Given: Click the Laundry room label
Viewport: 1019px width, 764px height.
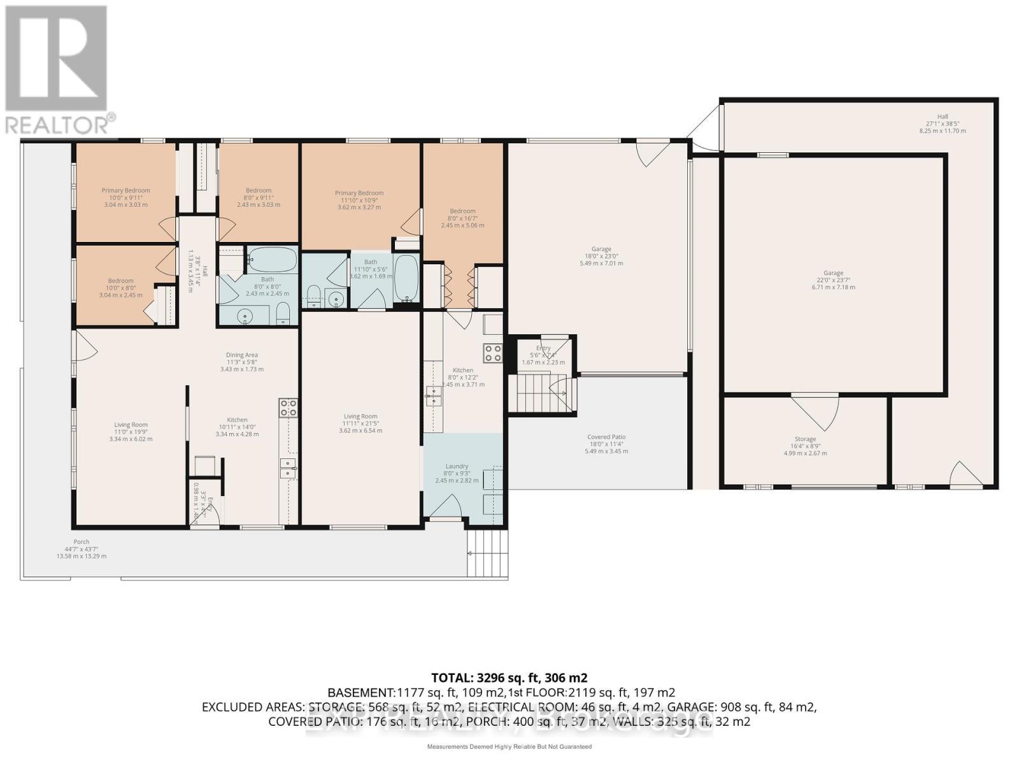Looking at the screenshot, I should [457, 473].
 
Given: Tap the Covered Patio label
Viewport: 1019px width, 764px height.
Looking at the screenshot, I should [606, 444].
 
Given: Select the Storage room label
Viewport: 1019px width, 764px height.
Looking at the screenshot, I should [805, 446].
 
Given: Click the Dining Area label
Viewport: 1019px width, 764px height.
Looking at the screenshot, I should [241, 362].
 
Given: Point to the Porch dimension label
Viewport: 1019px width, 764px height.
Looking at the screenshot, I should [81, 549].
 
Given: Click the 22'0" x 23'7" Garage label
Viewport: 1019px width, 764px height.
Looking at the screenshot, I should [833, 279].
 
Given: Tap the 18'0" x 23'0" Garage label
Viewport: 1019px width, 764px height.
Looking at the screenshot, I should [601, 256].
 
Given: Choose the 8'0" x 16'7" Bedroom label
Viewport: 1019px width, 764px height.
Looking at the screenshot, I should [462, 218].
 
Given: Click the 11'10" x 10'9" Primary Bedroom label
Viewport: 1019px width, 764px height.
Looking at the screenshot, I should [359, 200].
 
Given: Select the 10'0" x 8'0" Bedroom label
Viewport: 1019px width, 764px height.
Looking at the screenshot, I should [120, 288].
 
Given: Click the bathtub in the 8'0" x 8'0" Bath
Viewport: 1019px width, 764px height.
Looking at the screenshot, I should [272, 260].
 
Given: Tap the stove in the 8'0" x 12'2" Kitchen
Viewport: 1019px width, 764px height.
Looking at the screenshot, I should [493, 353].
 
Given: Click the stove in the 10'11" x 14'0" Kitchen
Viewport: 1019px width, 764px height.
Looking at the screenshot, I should [288, 407].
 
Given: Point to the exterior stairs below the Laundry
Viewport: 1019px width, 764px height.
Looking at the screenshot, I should [488, 553].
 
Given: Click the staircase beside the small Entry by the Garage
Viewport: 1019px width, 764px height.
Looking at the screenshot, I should [534, 393].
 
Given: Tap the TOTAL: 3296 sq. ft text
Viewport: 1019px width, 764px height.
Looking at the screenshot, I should [509, 677].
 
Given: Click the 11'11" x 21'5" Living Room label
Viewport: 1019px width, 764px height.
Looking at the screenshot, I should [360, 423].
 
